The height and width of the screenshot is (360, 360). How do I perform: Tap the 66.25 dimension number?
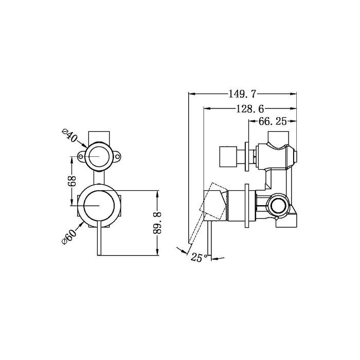[x=272, y=121]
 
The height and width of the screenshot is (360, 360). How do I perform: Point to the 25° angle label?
[x=199, y=257]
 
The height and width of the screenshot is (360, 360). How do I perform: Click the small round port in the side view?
[x=278, y=206]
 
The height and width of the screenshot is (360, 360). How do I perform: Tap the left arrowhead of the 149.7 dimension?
[x=192, y=94]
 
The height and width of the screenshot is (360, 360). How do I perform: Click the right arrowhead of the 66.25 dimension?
[x=294, y=121]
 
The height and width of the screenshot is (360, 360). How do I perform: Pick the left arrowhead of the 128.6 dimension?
[x=207, y=109]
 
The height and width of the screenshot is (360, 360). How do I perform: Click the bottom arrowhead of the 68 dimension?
[x=71, y=203]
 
